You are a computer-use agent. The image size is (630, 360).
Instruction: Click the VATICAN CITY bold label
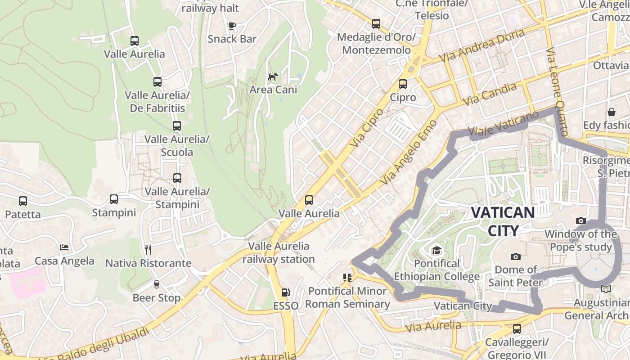[x=503, y=221]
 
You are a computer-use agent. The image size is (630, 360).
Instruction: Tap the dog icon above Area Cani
[x=273, y=76]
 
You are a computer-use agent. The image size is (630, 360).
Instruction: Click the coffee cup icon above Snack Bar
[x=232, y=26]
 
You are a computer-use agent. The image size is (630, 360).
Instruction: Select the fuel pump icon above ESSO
[x=285, y=292]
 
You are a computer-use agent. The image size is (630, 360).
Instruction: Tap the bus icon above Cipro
[x=403, y=84]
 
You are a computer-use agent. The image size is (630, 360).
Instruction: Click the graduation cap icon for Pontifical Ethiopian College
[x=436, y=250]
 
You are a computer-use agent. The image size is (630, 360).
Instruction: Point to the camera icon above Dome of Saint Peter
[x=516, y=256]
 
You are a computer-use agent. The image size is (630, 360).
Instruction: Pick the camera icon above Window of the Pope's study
[x=581, y=220]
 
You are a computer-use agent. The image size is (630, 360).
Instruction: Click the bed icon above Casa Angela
[x=64, y=247]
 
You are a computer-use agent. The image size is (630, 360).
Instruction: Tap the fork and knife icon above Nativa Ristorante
[x=148, y=249]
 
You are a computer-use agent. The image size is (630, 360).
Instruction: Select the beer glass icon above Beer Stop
[x=156, y=284]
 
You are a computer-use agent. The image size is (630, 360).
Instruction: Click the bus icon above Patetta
[x=23, y=201]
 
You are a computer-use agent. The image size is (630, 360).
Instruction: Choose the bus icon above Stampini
[x=114, y=199]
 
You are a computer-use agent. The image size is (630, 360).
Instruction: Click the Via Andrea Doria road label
[x=481, y=46]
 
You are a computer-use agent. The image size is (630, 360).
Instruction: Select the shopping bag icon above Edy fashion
[x=611, y=112]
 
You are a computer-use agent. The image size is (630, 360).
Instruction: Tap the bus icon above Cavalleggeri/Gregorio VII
[x=517, y=329]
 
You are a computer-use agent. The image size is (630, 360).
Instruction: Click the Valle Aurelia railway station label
[x=279, y=252]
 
